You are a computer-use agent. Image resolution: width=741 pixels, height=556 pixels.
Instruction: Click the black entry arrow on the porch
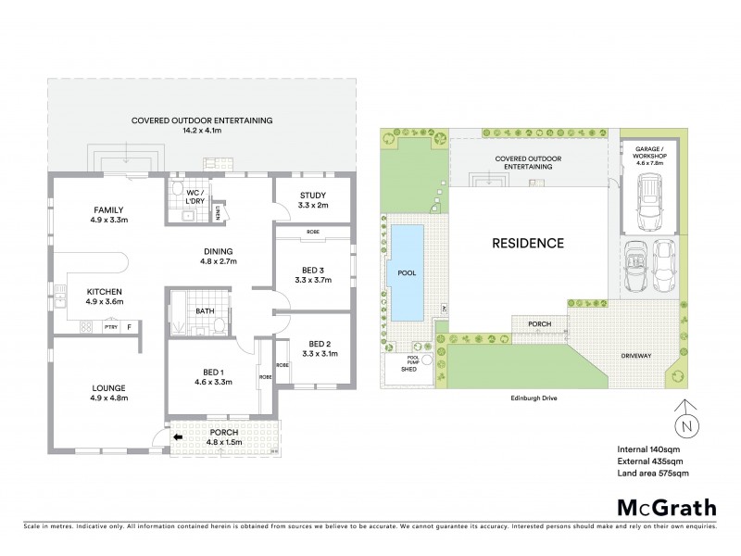(178, 438)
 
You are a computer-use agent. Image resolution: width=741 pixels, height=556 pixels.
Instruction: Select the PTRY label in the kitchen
(109, 326)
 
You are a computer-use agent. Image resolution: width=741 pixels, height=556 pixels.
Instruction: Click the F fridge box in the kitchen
(129, 326)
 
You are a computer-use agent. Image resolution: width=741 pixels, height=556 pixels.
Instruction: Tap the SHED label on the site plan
(408, 369)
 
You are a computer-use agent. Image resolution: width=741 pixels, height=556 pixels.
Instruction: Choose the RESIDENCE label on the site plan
(527, 244)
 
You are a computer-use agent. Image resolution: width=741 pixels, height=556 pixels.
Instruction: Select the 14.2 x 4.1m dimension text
(202, 131)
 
